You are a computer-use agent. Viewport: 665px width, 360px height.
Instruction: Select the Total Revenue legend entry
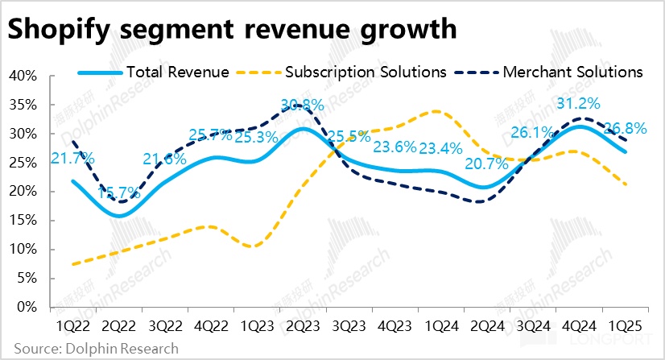pos(177,72)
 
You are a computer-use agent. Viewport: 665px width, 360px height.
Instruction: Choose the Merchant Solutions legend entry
pos(572,72)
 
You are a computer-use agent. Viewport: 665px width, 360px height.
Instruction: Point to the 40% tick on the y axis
pos(23,76)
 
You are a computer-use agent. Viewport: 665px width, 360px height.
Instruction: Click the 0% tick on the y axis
pos(27,307)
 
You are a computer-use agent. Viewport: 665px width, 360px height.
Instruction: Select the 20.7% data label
pos(485,165)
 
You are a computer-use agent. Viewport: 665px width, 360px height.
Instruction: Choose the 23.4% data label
pos(440,147)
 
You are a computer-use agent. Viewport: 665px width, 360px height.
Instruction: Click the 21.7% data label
pos(72,158)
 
